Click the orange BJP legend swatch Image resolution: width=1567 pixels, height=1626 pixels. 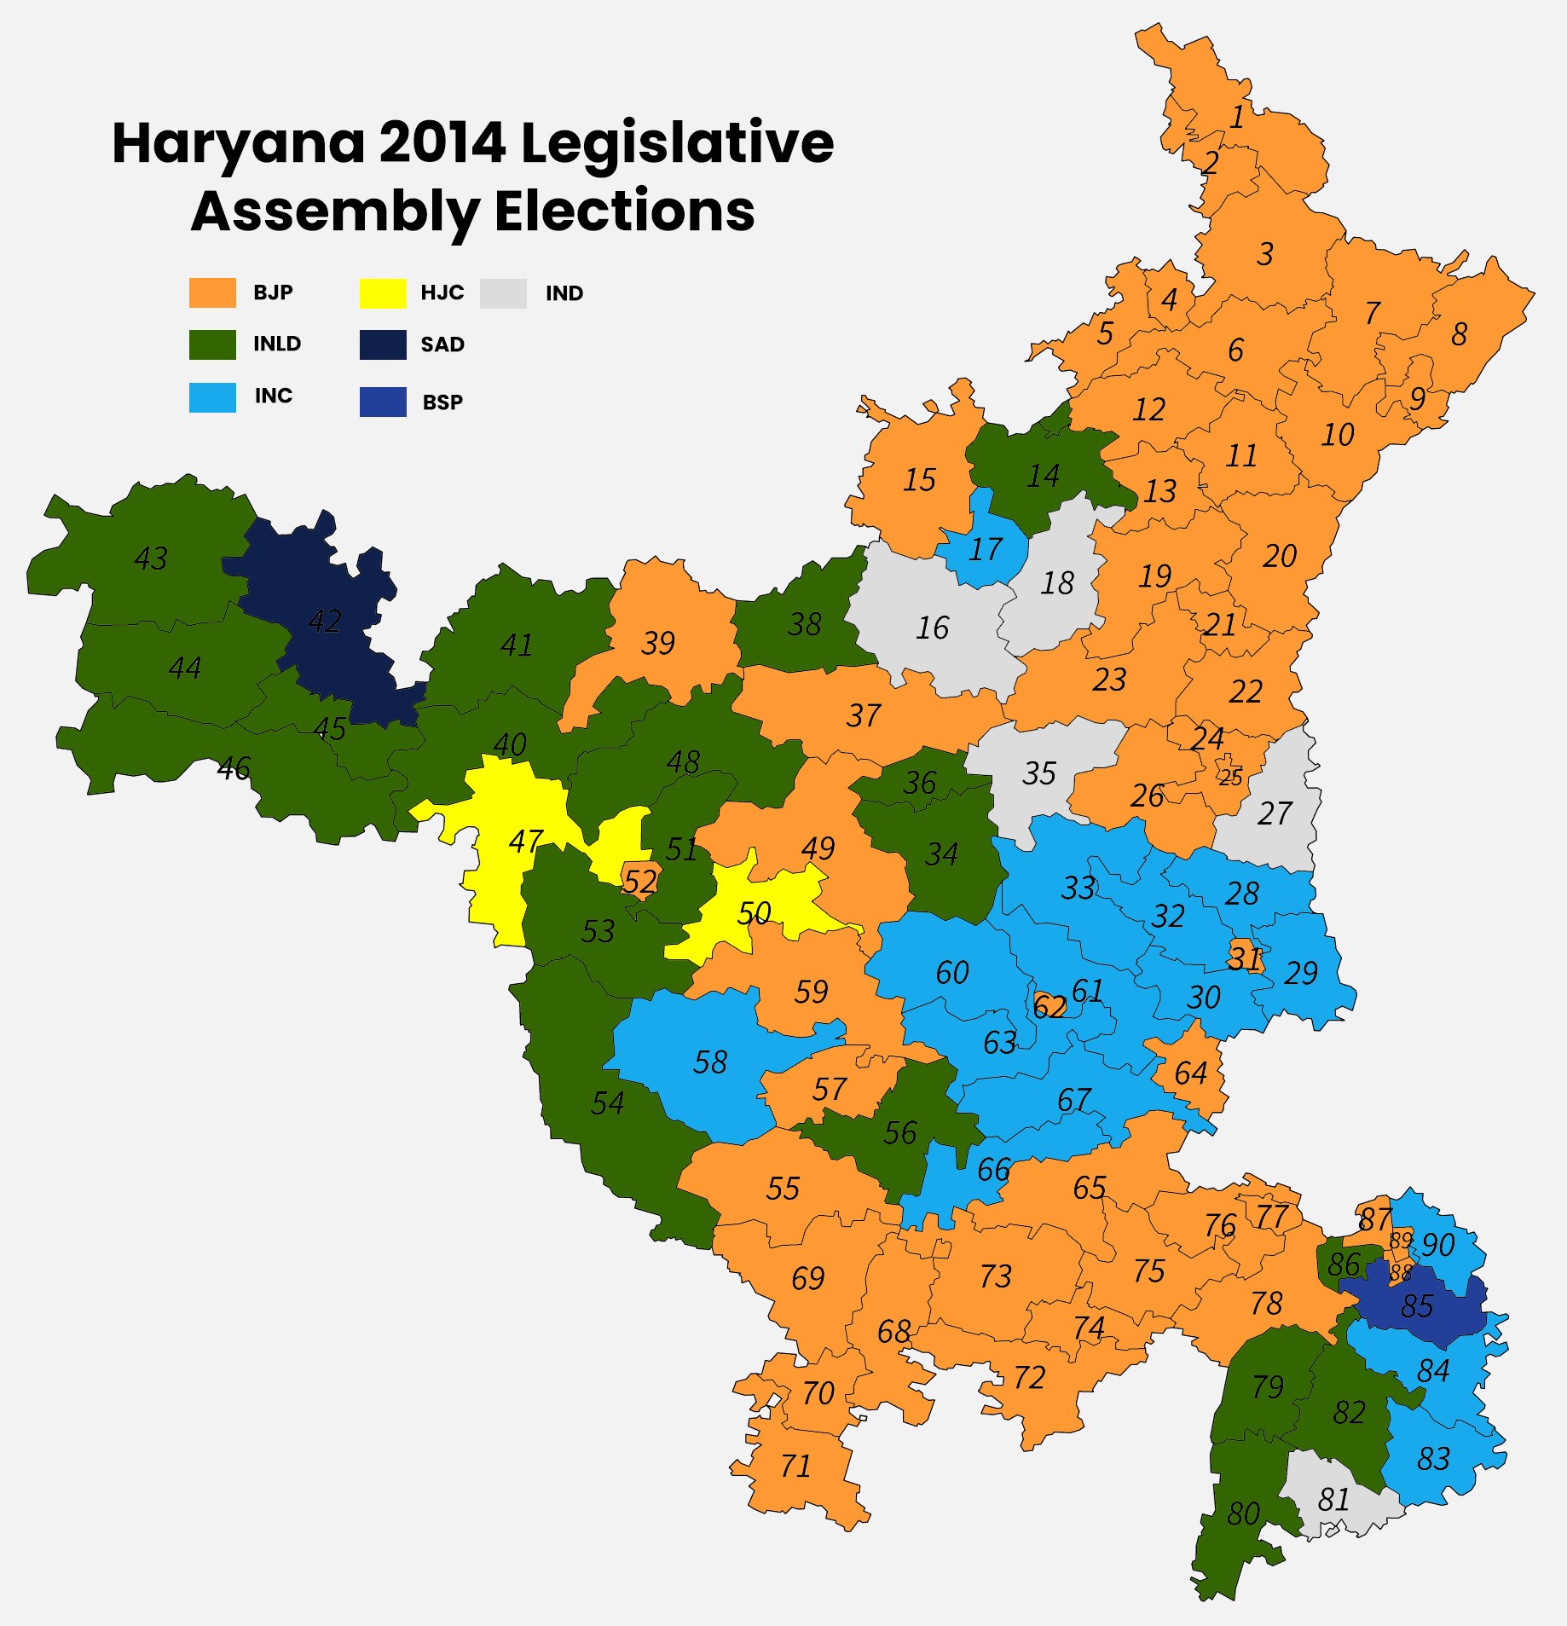pos(212,292)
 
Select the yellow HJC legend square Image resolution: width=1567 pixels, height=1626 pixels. pos(383,292)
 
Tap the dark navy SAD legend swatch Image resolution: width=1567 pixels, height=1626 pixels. pos(383,344)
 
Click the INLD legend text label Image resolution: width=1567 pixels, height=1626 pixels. pos(276,344)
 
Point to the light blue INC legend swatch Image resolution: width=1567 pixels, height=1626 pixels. pos(212,396)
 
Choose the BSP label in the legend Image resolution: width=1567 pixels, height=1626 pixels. pos(442,402)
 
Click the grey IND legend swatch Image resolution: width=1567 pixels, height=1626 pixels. pos(503,292)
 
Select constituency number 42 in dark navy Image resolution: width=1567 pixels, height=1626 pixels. pos(325,621)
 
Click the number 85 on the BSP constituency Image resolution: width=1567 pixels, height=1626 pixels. pos(1417,1306)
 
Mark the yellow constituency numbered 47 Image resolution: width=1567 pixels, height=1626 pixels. pos(524,842)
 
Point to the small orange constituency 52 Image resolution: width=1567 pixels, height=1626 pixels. pos(639,881)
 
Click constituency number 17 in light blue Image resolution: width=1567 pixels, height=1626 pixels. pos(986,549)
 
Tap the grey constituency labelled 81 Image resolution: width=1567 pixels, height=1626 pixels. pos(1333,1499)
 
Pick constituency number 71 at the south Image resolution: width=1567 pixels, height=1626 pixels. pos(795,1466)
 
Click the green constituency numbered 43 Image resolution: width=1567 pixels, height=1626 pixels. pos(151,558)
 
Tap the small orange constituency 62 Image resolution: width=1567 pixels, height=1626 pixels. pos(1049,1007)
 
